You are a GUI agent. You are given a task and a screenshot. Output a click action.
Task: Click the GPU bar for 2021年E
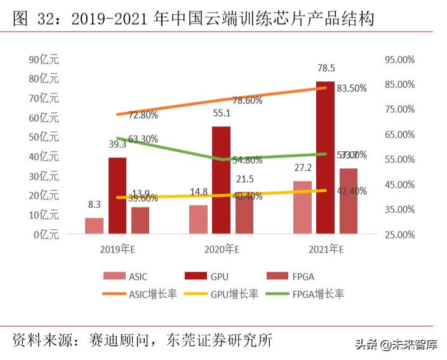325,157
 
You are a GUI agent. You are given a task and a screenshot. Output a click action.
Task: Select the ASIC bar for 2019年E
94,226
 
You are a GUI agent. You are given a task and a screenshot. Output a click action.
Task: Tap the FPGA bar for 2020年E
244,215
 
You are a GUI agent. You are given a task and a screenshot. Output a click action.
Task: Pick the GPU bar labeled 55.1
221,180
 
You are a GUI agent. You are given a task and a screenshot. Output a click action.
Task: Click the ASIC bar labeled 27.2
302,208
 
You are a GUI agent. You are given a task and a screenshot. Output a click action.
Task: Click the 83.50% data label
352,88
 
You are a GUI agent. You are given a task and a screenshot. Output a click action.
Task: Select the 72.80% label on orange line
143,115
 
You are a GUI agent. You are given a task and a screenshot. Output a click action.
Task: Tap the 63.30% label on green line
143,138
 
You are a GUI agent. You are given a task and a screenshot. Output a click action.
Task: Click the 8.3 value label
94,204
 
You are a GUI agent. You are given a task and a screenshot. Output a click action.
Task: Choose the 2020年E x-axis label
221,249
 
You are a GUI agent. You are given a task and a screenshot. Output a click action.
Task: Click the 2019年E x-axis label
118,249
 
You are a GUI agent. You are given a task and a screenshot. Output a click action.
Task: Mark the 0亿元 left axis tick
46,234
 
